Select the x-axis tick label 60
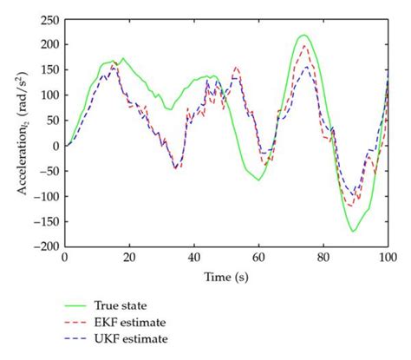coord(258,258)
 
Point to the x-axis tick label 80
coord(323,258)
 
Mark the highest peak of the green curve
coord(303,36)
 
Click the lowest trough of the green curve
coord(353,232)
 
